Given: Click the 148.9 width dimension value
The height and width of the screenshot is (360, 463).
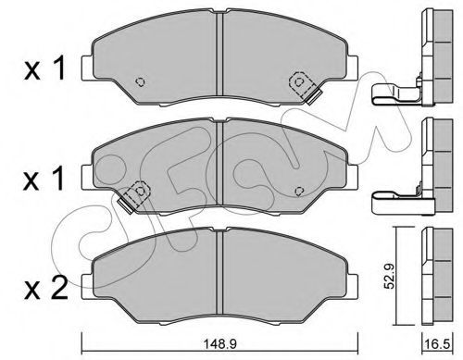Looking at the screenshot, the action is (220, 344).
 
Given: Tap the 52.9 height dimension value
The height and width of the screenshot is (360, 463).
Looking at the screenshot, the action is (390, 277).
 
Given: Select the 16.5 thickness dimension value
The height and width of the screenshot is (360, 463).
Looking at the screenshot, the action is (437, 344).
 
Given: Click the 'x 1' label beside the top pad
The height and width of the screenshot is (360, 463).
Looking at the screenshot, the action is (44, 68).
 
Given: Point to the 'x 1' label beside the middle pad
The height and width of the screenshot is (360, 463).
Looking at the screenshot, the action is (44, 179).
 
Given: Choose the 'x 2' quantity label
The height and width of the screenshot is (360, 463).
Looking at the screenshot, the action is (45, 288).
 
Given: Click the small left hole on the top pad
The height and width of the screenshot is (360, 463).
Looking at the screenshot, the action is (141, 81).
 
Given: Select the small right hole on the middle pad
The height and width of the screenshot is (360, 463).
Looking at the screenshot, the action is (298, 192).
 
